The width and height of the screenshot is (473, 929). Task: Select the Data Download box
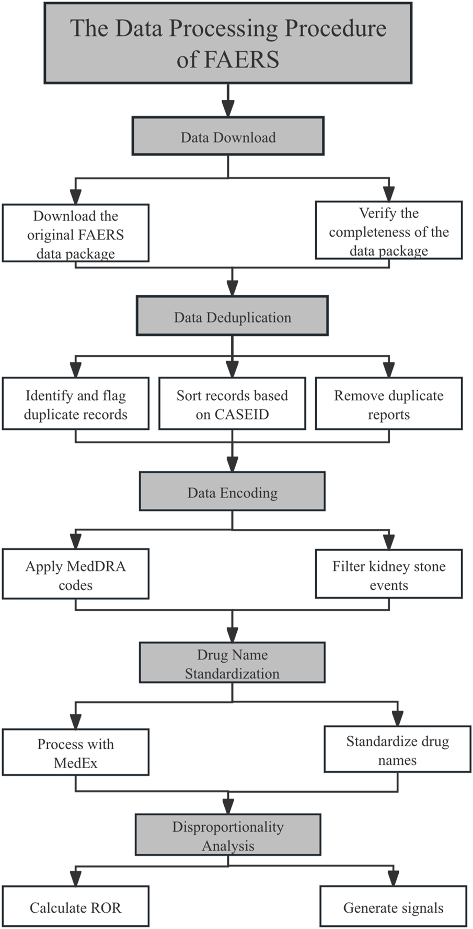[228, 136]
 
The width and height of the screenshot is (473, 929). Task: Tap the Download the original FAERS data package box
[75, 234]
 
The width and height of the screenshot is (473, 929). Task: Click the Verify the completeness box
[388, 230]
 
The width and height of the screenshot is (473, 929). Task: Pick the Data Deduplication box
[232, 316]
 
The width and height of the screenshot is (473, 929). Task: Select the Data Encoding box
[232, 492]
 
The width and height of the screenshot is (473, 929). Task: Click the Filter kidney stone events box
[388, 574]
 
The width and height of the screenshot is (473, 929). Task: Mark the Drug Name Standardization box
[232, 663]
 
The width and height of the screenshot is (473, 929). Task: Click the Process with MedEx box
[75, 752]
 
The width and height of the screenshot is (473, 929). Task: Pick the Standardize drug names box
[397, 750]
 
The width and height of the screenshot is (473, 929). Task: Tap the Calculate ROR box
[75, 907]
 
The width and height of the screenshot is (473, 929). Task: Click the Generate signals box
[393, 907]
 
